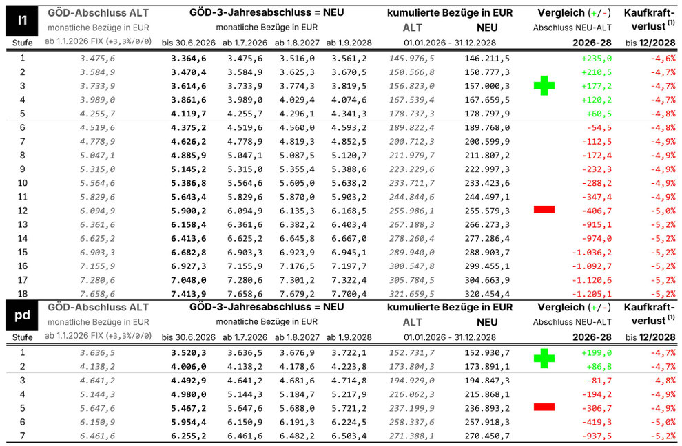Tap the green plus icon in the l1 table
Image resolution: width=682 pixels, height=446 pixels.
coord(544,85)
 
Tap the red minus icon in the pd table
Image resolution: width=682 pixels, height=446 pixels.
coord(544,407)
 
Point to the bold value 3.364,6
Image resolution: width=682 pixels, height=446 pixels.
coord(189,59)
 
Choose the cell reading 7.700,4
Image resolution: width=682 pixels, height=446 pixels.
coord(350,293)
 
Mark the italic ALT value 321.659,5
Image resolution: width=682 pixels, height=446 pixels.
coord(412,293)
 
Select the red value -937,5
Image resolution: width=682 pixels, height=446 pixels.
coord(597,436)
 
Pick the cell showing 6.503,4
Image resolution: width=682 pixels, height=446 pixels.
coord(350,436)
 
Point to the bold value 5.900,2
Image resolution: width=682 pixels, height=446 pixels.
coord(189,209)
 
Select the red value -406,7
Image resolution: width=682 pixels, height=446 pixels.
coord(597,209)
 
